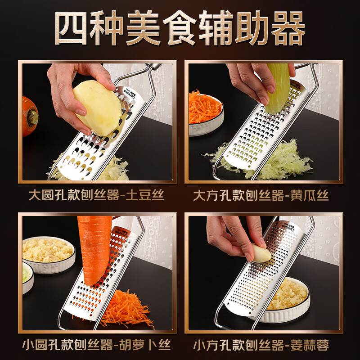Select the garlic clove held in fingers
[261, 253]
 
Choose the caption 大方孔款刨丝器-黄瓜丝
[261, 196]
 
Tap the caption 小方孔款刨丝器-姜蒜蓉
[261, 345]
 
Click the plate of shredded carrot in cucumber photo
[205, 110]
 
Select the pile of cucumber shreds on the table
[288, 157]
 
